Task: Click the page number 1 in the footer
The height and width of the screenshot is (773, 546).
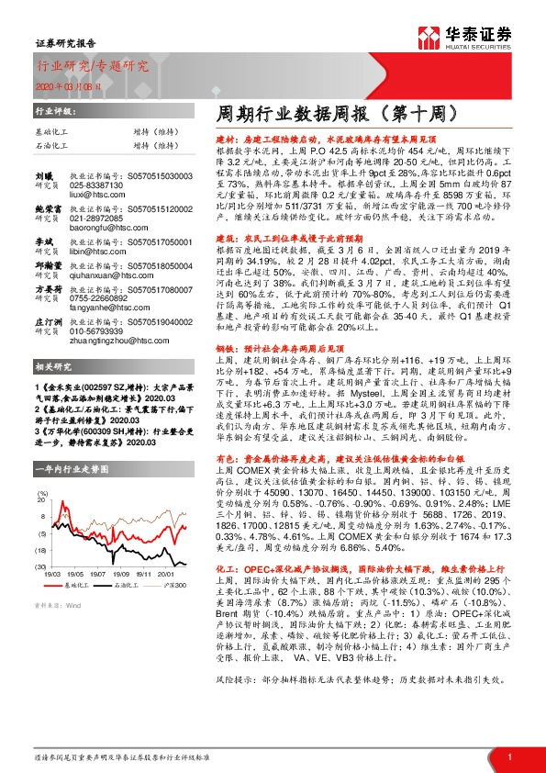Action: (x=509, y=756)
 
